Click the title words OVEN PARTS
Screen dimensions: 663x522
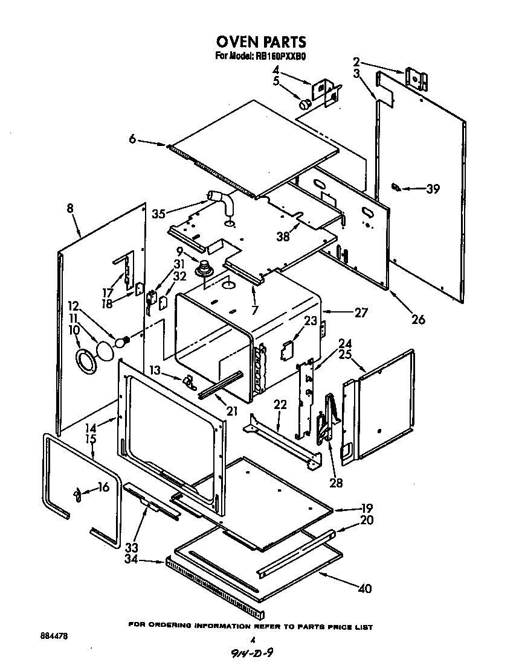261,42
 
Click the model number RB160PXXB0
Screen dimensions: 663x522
282,57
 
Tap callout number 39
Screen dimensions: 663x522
432,189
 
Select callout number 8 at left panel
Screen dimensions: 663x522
71,208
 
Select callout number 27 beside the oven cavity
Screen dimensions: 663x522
361,312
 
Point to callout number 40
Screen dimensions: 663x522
364,589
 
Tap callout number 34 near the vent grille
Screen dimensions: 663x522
147,559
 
